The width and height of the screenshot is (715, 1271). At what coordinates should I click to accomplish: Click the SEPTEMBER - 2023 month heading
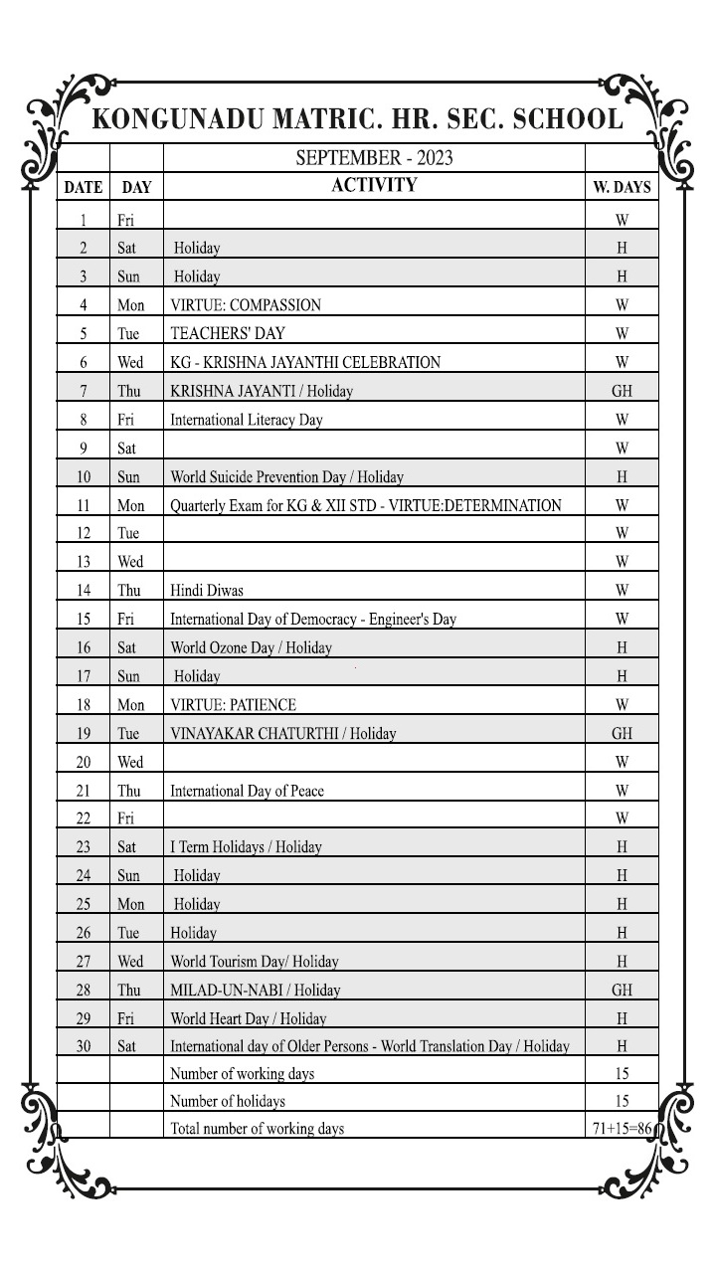pos(374,158)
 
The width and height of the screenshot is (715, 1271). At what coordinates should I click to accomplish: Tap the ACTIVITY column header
pos(374,185)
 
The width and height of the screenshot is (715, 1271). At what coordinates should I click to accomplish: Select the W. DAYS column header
pos(622,187)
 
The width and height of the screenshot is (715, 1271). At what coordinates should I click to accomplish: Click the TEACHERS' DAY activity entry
pos(228,333)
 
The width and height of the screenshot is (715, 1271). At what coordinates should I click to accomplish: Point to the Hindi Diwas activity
pos(206,590)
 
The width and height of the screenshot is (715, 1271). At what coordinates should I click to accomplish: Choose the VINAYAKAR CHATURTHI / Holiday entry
pos(282,734)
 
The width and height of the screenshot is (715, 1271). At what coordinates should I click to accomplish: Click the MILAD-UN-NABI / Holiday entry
pos(255,990)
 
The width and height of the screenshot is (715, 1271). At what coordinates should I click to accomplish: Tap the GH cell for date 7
pos(622,391)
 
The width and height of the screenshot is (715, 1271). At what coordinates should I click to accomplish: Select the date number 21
pos(84,791)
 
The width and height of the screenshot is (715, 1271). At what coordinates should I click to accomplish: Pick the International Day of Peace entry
pos(247,791)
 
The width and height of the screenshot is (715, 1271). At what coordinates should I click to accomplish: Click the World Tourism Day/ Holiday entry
pos(254,962)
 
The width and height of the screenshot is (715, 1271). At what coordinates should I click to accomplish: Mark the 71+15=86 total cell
pos(622,1129)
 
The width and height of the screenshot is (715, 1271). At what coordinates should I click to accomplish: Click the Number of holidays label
pos(228,1101)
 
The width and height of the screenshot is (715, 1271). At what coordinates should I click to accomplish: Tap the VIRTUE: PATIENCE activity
pos(233,705)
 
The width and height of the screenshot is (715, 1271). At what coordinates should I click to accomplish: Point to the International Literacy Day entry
pos(247,420)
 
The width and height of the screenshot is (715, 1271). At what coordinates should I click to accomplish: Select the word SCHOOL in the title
pos(561,119)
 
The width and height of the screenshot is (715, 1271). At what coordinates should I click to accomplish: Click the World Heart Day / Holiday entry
pos(248,1018)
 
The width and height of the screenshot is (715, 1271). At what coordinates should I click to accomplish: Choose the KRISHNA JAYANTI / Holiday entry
pos(261,391)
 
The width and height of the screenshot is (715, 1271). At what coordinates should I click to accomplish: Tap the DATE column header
pos(84,187)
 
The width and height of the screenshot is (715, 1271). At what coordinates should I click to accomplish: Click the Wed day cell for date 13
pos(130,562)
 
